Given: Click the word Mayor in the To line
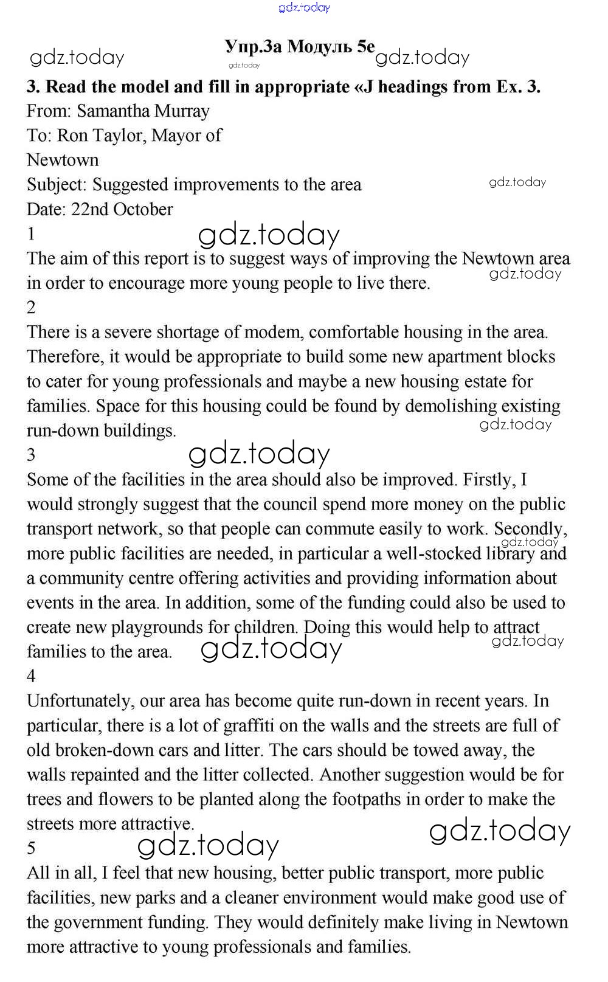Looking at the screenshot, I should point(177,136).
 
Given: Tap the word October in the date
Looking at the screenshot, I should point(143,209).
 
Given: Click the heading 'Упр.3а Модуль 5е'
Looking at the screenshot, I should point(300,47).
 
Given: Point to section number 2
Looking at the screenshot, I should point(32,308).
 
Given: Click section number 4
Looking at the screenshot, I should point(32,676).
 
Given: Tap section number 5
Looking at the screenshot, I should point(32,848).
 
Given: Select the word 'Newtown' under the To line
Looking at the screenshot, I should point(63,161).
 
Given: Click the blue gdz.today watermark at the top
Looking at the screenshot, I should point(304,7).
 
